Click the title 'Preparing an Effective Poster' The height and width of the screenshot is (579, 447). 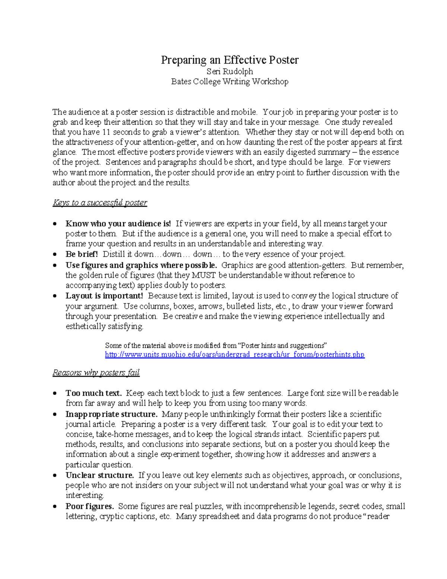(x=229, y=60)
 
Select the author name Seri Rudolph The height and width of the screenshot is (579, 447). (x=229, y=71)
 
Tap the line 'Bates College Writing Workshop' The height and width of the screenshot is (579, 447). (x=229, y=82)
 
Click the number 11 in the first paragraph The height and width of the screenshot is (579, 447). (x=106, y=132)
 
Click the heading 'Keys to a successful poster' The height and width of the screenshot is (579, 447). (x=100, y=203)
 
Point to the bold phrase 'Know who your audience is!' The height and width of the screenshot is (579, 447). (x=118, y=224)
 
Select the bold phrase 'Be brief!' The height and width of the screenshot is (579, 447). (x=82, y=254)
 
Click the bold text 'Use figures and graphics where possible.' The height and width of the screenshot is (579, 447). (x=141, y=265)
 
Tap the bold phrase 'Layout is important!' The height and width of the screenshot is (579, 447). (x=104, y=296)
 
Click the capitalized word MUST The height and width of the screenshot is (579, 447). (x=204, y=276)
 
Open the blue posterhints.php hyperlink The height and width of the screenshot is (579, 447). (x=235, y=355)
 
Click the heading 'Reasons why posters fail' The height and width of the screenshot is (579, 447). (x=96, y=373)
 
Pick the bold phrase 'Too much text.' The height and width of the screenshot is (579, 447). (x=93, y=393)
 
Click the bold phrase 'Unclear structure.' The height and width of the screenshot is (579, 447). (x=99, y=475)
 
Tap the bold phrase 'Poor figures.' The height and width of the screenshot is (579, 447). (x=90, y=506)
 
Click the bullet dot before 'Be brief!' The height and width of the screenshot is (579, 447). (x=55, y=255)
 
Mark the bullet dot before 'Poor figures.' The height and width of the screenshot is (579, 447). (x=55, y=507)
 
